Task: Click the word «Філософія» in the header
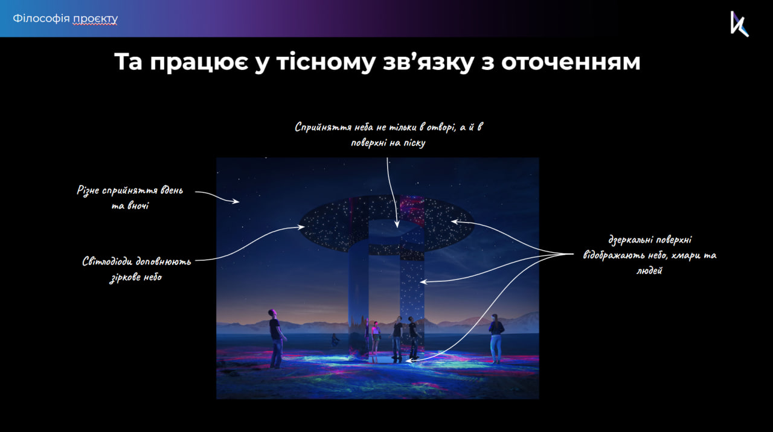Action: click(x=42, y=18)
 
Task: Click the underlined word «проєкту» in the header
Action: click(x=95, y=19)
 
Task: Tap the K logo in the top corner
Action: click(x=739, y=24)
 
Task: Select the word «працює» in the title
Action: click(x=199, y=62)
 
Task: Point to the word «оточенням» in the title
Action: click(x=571, y=62)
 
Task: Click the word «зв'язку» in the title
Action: click(x=428, y=62)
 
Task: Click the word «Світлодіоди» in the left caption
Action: click(x=107, y=261)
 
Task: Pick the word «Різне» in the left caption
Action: click(x=88, y=190)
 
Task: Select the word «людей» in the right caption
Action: click(x=649, y=270)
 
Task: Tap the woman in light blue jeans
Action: click(x=496, y=338)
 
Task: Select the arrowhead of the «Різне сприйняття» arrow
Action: click(x=236, y=202)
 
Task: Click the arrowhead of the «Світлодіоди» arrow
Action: click(x=301, y=227)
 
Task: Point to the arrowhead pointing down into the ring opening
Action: click(x=397, y=224)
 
